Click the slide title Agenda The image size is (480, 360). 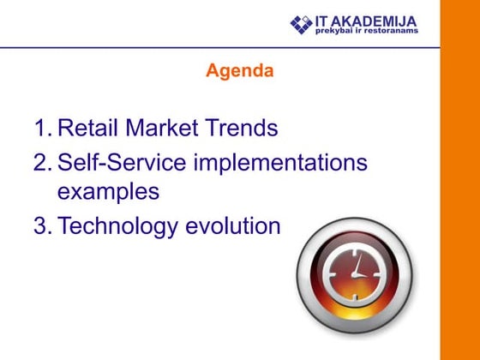[x=239, y=71]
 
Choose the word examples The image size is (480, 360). [x=108, y=191]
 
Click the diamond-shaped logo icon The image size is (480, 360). [x=302, y=25]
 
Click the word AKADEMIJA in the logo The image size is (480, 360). [x=381, y=21]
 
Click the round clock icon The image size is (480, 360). [x=354, y=273]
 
